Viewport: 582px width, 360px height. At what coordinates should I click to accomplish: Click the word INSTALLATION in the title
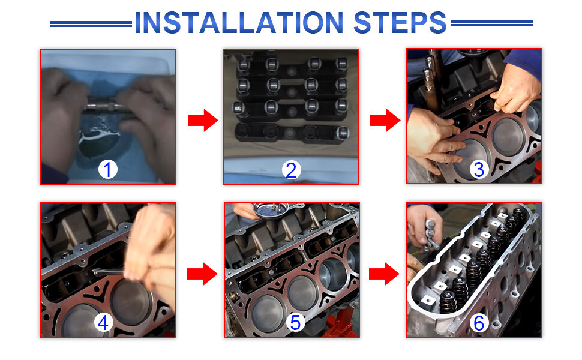click(239, 23)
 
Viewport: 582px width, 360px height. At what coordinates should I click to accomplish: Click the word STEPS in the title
click(400, 23)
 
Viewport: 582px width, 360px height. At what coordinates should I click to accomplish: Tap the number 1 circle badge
click(107, 169)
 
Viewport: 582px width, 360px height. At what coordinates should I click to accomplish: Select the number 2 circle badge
click(291, 170)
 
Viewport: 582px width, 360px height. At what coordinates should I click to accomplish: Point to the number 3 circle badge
click(479, 169)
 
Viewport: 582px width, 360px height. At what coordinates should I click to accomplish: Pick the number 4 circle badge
click(103, 322)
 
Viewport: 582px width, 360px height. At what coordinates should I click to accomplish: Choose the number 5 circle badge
click(295, 322)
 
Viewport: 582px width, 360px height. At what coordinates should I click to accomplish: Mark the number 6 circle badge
click(479, 323)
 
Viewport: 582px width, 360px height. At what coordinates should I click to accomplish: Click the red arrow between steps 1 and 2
click(203, 120)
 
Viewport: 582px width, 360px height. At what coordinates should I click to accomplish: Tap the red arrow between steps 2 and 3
click(385, 120)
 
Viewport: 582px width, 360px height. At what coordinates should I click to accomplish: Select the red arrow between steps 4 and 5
click(202, 274)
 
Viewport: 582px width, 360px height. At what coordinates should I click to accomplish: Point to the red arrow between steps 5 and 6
click(384, 274)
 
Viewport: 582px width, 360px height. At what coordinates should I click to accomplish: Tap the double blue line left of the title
click(91, 24)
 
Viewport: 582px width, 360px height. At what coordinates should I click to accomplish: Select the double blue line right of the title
click(492, 23)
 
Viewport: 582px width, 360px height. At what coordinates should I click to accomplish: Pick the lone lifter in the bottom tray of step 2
click(343, 133)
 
